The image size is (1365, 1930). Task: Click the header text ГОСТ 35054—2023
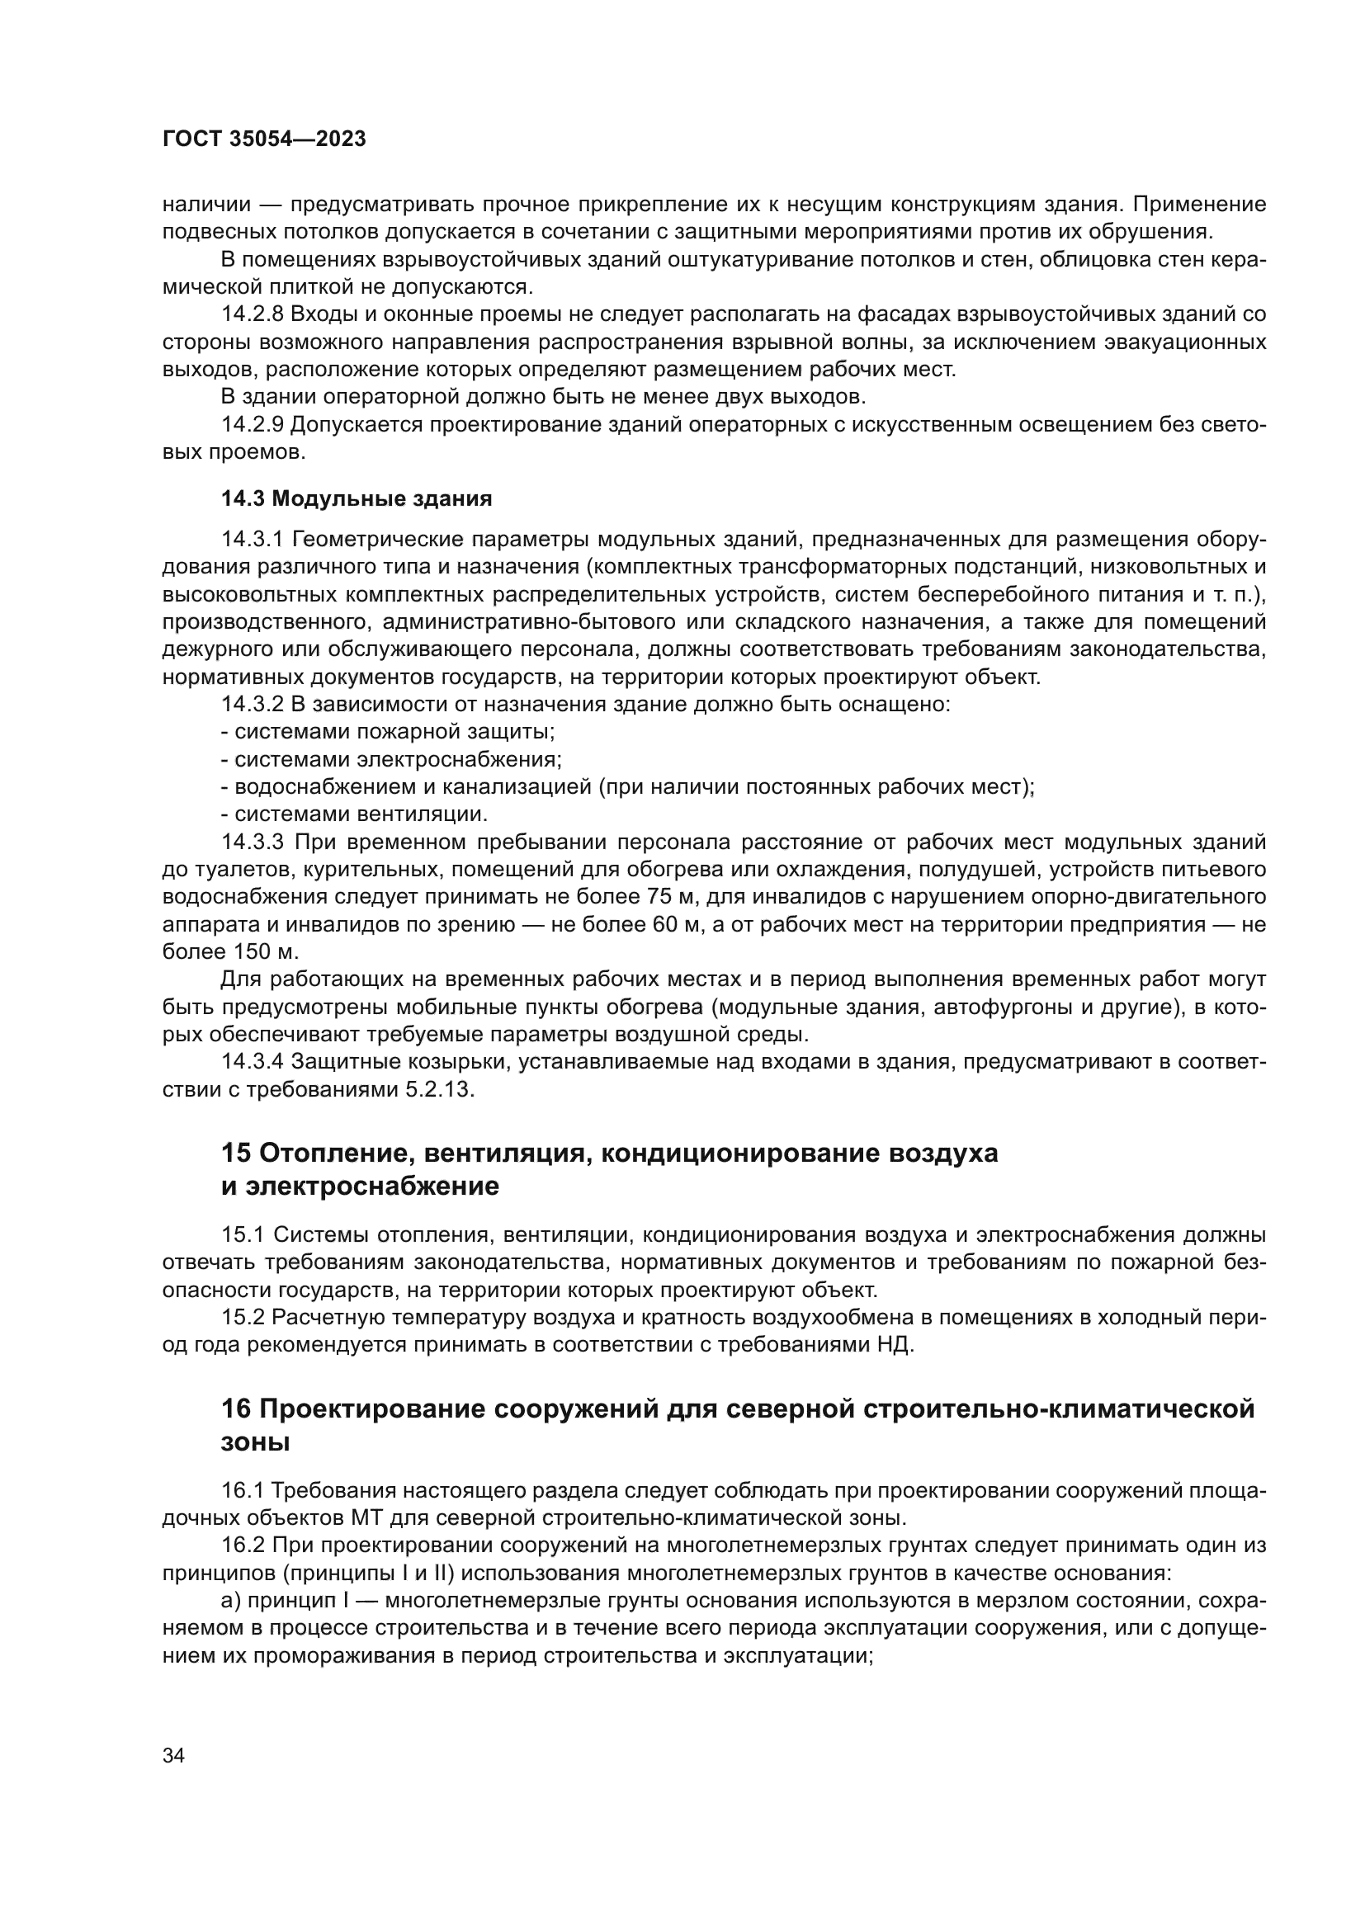[x=264, y=139]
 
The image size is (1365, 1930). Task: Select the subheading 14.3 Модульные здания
[x=357, y=498]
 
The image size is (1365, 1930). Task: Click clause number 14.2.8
[x=253, y=314]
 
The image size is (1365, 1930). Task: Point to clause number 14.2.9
[x=253, y=424]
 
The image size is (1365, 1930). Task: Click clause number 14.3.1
[x=253, y=539]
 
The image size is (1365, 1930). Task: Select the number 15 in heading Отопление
[x=236, y=1153]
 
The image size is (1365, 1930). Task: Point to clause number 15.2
[x=243, y=1317]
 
